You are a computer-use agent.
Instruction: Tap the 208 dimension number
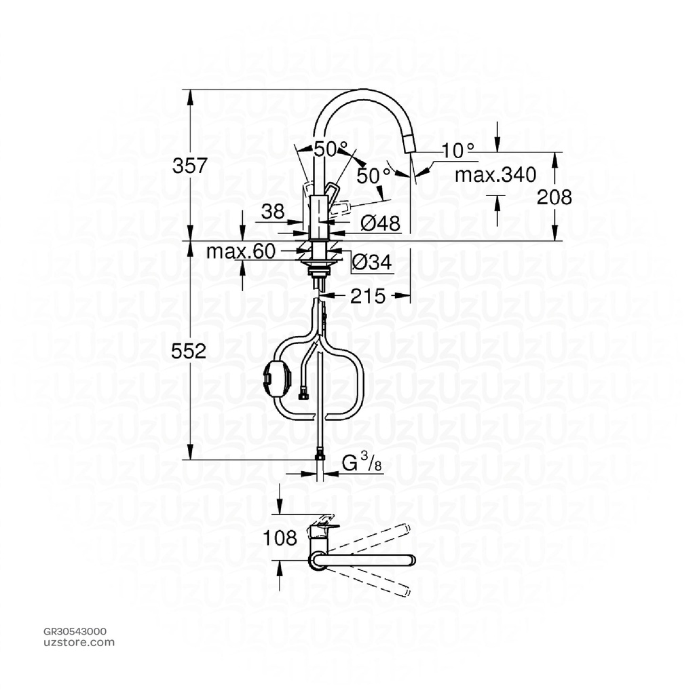pyautogui.click(x=554, y=198)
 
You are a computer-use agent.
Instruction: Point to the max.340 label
pyautogui.click(x=495, y=175)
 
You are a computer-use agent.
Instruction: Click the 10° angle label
pyautogui.click(x=457, y=151)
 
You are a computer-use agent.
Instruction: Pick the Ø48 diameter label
pyautogui.click(x=380, y=223)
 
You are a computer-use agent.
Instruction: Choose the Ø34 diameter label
pyautogui.click(x=373, y=263)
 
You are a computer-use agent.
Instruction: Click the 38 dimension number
pyautogui.click(x=273, y=212)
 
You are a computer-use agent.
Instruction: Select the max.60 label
pyautogui.click(x=241, y=252)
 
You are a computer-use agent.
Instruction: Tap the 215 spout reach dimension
pyautogui.click(x=368, y=296)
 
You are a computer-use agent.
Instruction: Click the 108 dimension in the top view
pyautogui.click(x=280, y=538)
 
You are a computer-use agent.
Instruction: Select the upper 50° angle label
pyautogui.click(x=331, y=148)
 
